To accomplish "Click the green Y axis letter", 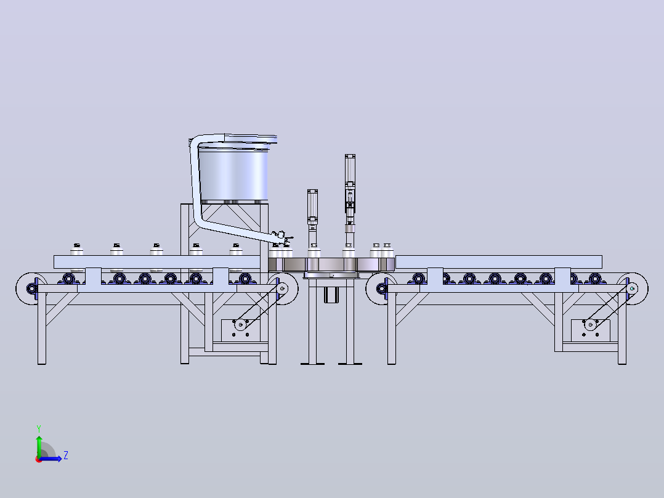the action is tap(39, 428).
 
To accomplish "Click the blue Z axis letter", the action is tap(66, 455).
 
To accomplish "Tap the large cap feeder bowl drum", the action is tap(233, 174).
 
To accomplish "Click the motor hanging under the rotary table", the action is tap(331, 295).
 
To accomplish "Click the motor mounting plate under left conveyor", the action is tap(240, 329).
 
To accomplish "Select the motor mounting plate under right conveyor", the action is tap(590, 329).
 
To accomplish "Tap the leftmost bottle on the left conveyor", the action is tap(76, 250).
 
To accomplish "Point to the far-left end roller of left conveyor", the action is tap(31, 288).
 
